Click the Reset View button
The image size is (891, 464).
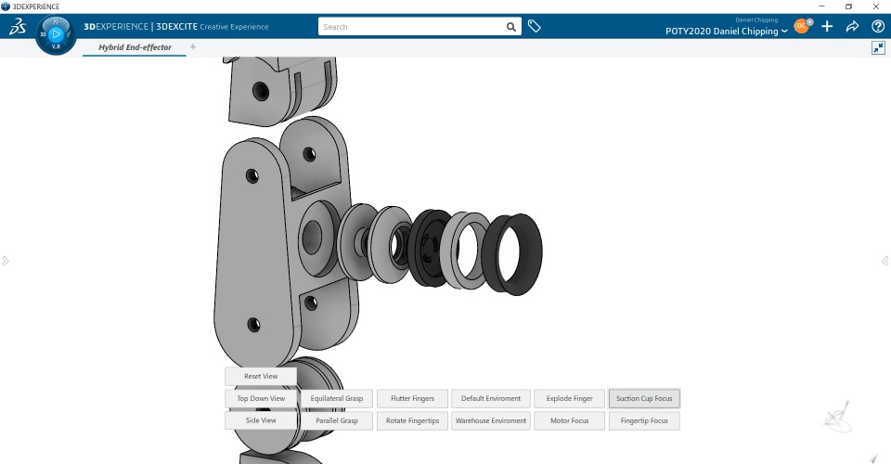261,376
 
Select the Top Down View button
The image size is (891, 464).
261,398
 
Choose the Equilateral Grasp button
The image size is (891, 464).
337,398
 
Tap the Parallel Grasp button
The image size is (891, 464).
337,420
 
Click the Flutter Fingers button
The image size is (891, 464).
412,398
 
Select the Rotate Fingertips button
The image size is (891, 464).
412,420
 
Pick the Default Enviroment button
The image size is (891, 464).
491,398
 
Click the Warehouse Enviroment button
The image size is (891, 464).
491,420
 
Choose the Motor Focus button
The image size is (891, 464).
569,420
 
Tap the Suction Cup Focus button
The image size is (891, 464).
644,398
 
